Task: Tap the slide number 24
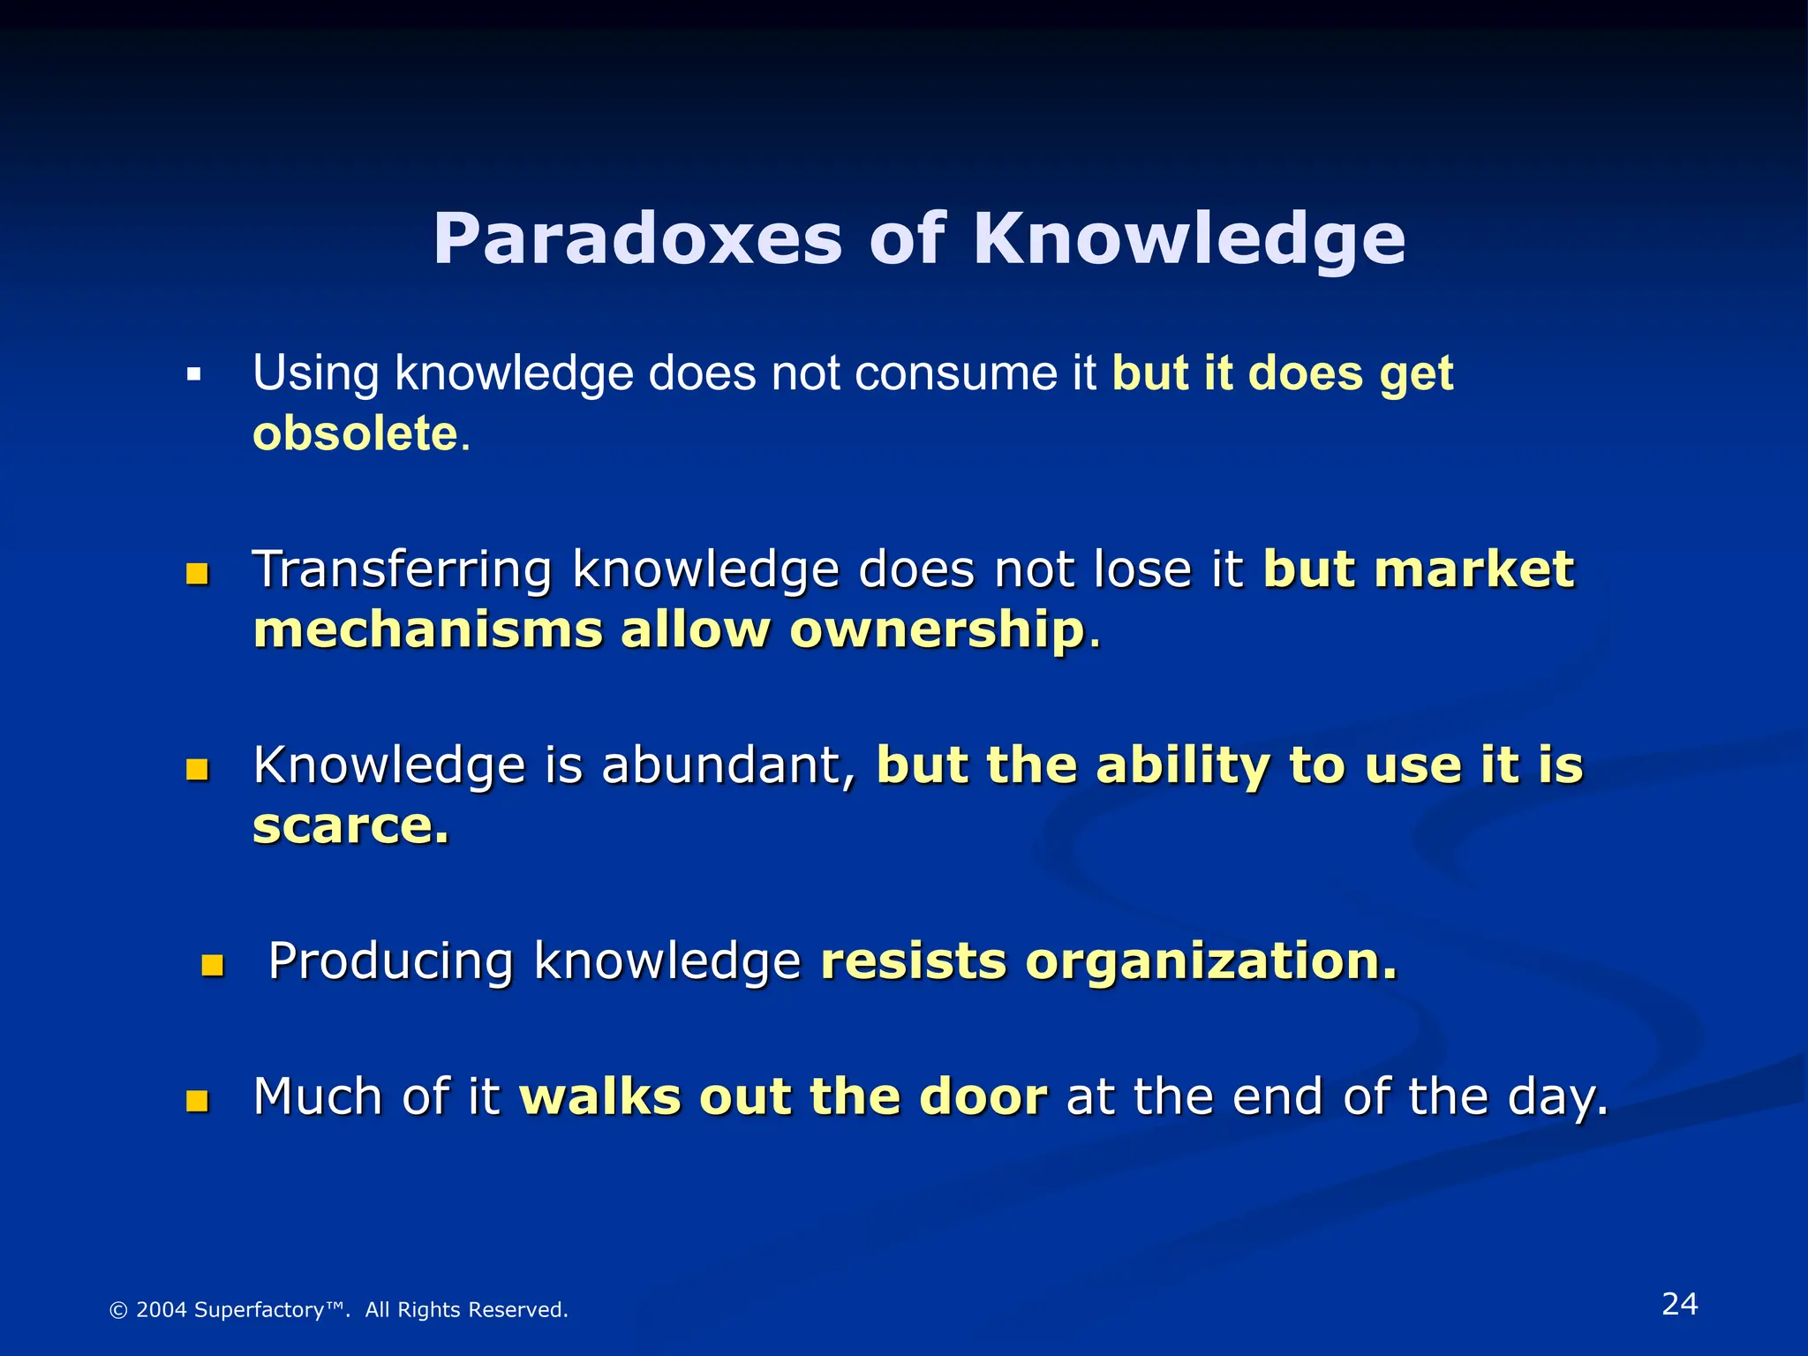1679,1304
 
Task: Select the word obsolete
355,433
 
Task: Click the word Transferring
402,569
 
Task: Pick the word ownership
937,630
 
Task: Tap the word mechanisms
427,630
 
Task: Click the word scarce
350,826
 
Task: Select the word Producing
390,960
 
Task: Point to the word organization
1211,960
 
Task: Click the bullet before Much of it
197,1101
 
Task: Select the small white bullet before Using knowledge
194,376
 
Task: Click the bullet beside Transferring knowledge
197,575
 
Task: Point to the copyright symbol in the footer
117,1310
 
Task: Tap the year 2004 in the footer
162,1310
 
